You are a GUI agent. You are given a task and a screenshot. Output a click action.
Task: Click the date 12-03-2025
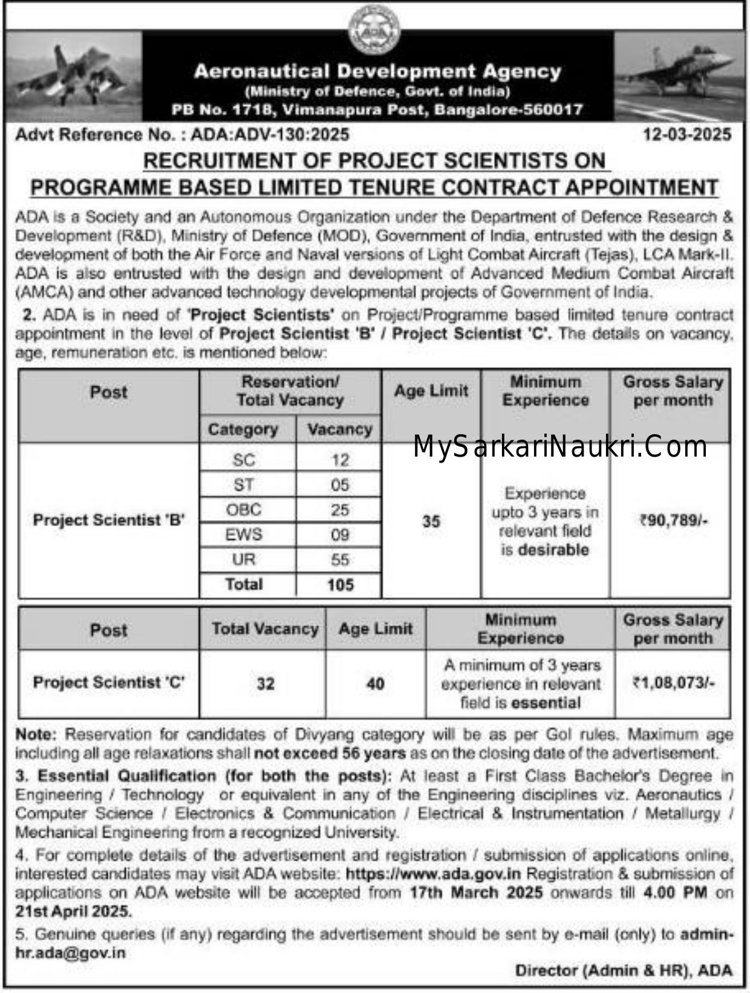pyautogui.click(x=687, y=134)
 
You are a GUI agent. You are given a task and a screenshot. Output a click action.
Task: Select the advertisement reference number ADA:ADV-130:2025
pyautogui.click(x=270, y=134)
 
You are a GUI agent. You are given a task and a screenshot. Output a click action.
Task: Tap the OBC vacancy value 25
pyautogui.click(x=339, y=510)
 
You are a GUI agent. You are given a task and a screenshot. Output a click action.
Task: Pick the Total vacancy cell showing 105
pyautogui.click(x=340, y=585)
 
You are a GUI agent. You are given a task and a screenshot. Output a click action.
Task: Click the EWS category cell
pyautogui.click(x=244, y=535)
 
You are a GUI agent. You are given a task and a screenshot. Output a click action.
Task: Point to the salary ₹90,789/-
pyautogui.click(x=673, y=520)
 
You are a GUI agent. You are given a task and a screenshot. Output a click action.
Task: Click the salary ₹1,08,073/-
pyautogui.click(x=673, y=683)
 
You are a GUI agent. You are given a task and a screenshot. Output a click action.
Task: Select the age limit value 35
pyautogui.click(x=431, y=521)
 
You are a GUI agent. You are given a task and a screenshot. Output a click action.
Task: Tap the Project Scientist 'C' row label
pyautogui.click(x=109, y=683)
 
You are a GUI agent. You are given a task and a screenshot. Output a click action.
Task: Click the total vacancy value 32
pyautogui.click(x=265, y=684)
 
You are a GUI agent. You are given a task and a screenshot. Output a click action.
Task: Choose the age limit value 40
pyautogui.click(x=375, y=684)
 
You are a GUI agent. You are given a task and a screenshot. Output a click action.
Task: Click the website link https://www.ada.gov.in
pyautogui.click(x=433, y=874)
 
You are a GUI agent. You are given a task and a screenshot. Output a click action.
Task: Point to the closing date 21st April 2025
pyautogui.click(x=73, y=911)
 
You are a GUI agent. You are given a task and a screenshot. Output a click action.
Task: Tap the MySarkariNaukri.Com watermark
pyautogui.click(x=560, y=447)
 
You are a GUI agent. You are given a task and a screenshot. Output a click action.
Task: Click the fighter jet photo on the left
pyautogui.click(x=73, y=76)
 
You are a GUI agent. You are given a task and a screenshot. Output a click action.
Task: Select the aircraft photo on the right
pyautogui.click(x=679, y=76)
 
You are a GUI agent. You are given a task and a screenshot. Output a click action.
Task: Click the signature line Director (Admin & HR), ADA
pyautogui.click(x=624, y=970)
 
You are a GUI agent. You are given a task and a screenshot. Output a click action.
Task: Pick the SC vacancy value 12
pyautogui.click(x=339, y=460)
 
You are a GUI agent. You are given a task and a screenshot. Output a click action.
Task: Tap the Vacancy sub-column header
pyautogui.click(x=339, y=429)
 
